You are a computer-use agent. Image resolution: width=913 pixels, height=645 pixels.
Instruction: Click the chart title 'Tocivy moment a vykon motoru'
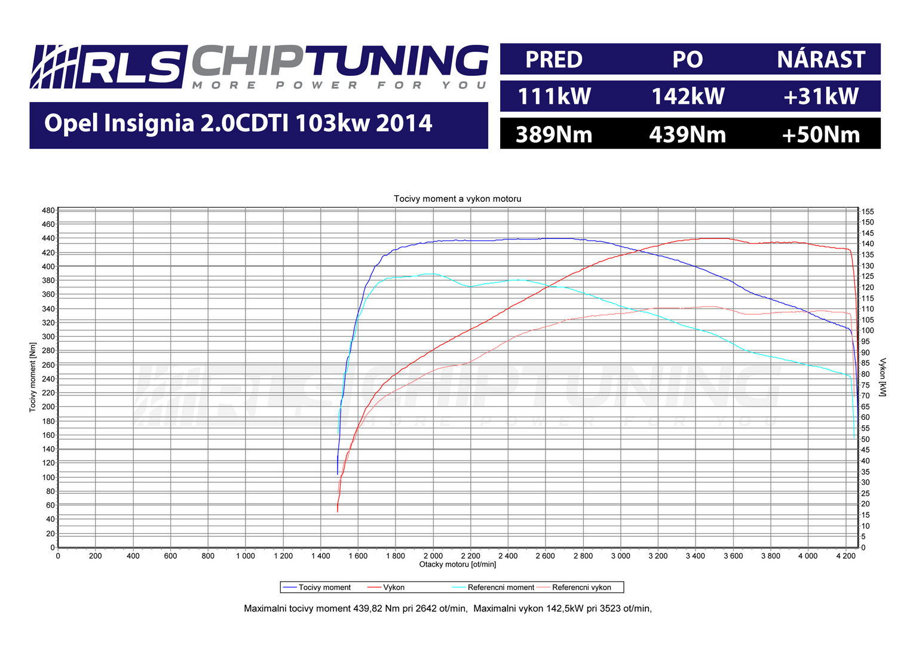[x=457, y=199]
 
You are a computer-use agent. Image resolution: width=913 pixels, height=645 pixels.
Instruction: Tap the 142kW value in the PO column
[x=688, y=97]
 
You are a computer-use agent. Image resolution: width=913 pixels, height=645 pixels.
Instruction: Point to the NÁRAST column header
[x=821, y=60]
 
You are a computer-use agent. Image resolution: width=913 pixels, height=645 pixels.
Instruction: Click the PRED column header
[x=554, y=60]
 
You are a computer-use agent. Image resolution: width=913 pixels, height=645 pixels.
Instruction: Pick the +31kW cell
[x=820, y=97]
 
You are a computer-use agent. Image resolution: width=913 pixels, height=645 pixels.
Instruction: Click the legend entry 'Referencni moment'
[x=501, y=588]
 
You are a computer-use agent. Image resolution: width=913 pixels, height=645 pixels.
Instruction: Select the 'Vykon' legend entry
[x=394, y=588]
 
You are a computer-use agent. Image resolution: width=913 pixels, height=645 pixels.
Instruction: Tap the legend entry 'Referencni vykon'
[x=581, y=588]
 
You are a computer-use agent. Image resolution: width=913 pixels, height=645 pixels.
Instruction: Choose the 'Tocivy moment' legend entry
[x=324, y=588]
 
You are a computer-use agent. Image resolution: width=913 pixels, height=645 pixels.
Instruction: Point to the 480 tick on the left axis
[x=48, y=211]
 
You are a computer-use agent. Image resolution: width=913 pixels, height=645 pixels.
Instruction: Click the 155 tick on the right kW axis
[x=868, y=211]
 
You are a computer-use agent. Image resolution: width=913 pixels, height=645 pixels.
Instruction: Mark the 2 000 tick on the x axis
[x=433, y=556]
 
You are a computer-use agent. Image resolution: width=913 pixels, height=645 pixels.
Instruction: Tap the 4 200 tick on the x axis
[x=845, y=556]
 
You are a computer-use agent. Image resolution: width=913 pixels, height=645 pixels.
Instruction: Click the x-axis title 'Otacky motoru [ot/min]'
[x=457, y=564]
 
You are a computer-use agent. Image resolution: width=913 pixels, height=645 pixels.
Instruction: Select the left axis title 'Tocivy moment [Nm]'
[x=33, y=377]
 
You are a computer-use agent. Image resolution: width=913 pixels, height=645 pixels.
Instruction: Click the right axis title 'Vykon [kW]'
[x=883, y=377]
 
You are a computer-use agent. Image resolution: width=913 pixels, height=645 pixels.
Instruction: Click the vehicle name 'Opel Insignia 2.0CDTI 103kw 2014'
[x=238, y=124]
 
